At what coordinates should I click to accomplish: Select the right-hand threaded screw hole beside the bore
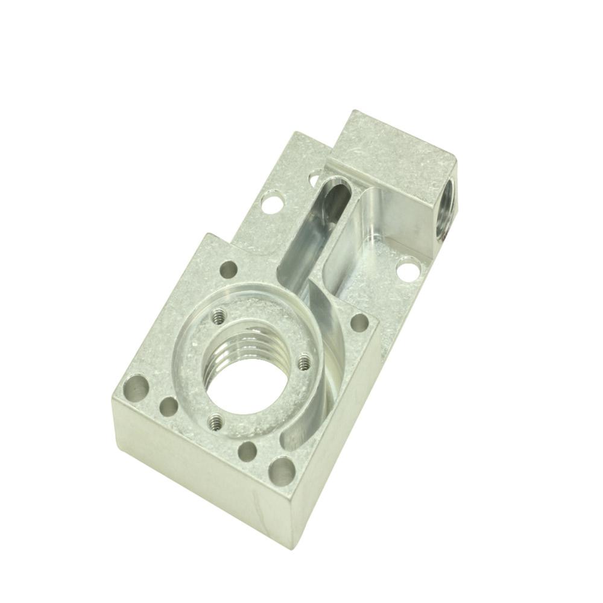click(x=304, y=362)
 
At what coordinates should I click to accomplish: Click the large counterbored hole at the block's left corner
click(x=138, y=387)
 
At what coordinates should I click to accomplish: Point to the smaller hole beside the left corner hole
click(x=169, y=407)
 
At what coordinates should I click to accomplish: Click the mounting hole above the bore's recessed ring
click(x=228, y=270)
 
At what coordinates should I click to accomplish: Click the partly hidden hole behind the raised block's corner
click(x=314, y=178)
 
